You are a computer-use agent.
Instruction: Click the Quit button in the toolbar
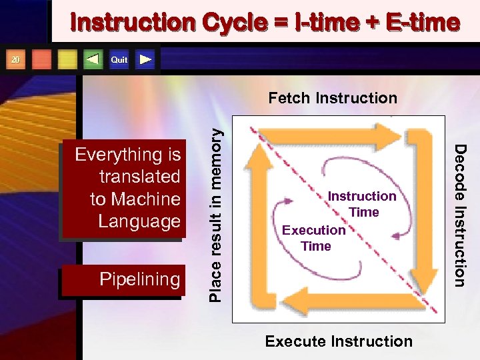[119, 60]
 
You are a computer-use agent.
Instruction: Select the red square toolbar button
[42, 60]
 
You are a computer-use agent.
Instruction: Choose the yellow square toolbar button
[67, 60]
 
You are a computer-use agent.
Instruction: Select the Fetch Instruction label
[332, 99]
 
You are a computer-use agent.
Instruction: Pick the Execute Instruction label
[339, 341]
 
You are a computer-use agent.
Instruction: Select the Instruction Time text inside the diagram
[363, 204]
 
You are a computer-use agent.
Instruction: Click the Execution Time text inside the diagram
[314, 238]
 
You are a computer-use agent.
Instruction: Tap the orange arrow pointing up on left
[257, 220]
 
